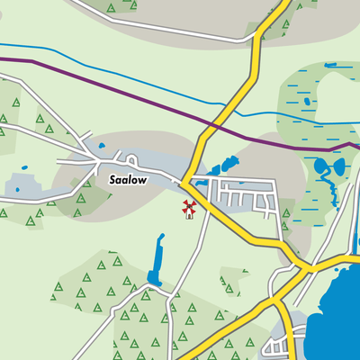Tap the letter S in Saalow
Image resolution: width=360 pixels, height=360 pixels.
pyautogui.click(x=113, y=180)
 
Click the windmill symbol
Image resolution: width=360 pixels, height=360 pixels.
pyautogui.click(x=189, y=210)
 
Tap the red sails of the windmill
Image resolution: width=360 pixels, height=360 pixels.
pyautogui.click(x=189, y=206)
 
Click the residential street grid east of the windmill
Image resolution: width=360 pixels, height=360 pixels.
pyautogui.click(x=243, y=196)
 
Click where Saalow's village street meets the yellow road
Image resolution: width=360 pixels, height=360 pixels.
pyautogui.click(x=186, y=179)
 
